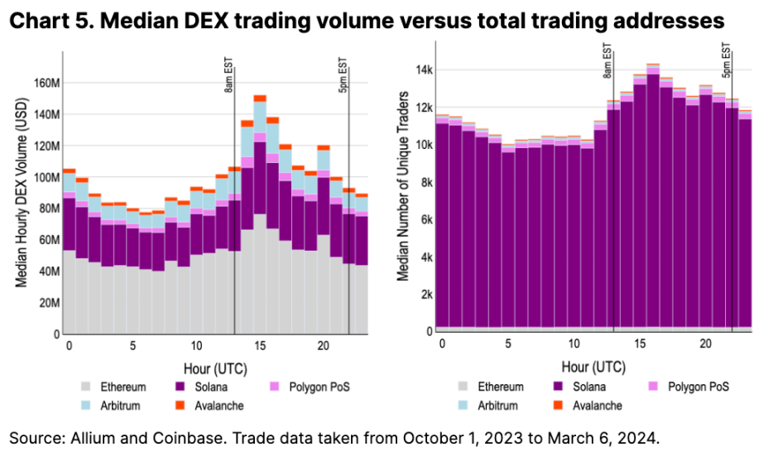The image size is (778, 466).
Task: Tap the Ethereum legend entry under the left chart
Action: pos(122,387)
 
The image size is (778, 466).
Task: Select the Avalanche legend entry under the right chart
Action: pos(585,406)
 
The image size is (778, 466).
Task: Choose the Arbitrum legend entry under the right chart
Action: pos(494,406)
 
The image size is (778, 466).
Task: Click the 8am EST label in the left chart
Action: pos(229,74)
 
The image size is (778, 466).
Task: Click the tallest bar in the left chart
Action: pos(259,215)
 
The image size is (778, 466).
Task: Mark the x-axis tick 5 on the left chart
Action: pos(132,346)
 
